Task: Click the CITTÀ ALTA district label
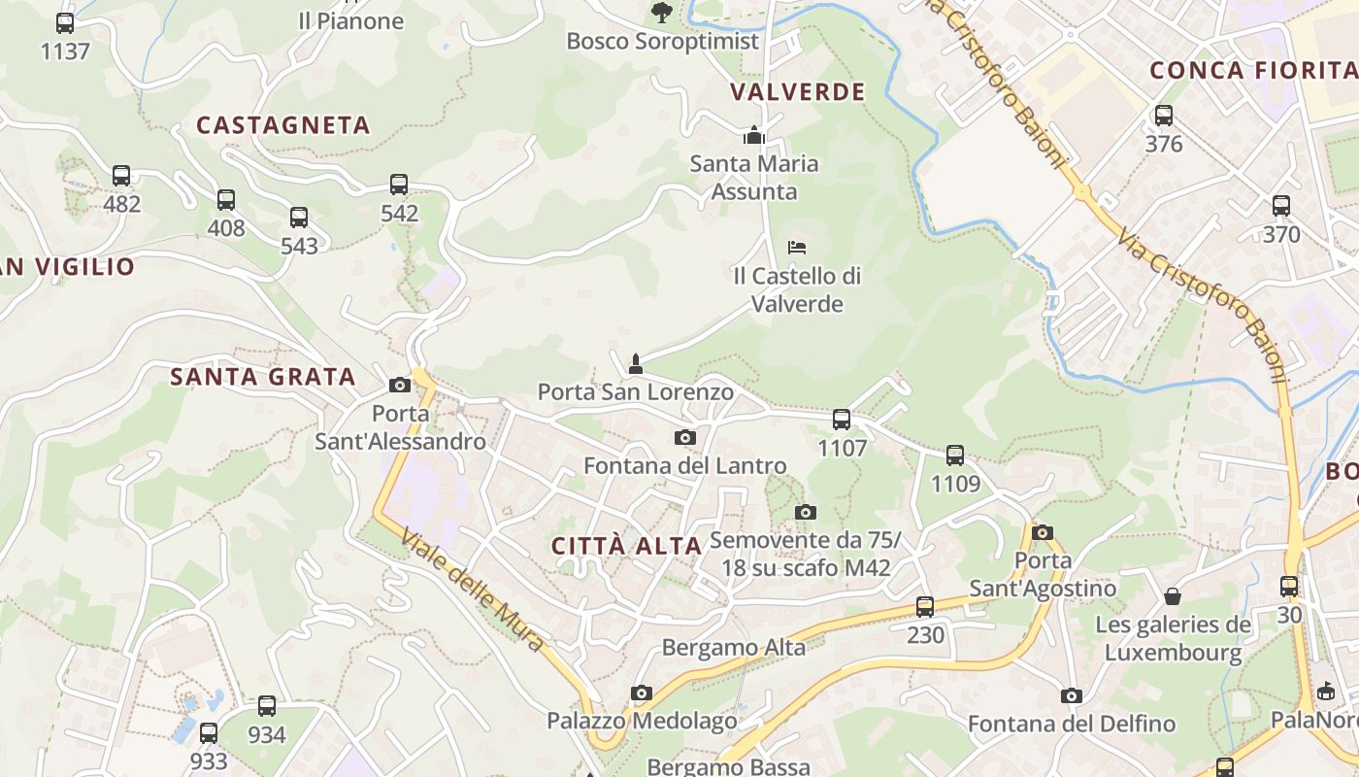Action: point(626,546)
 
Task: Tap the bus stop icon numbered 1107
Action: point(842,420)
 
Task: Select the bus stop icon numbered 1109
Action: point(955,455)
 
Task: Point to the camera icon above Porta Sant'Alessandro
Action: point(400,385)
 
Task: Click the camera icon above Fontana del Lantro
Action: point(685,438)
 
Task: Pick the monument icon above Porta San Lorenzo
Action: point(636,364)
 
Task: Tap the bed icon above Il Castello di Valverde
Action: point(797,248)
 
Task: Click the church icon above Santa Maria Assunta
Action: point(754,136)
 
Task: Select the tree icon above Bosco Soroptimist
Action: point(662,13)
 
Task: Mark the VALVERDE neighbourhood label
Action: point(797,92)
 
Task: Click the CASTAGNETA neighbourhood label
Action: point(283,125)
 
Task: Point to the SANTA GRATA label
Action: point(263,377)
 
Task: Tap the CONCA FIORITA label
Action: point(1252,70)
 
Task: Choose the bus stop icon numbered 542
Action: point(399,185)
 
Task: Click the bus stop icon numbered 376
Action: point(1164,116)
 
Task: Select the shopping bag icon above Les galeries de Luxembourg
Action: point(1173,595)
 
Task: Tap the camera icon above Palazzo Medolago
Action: point(641,693)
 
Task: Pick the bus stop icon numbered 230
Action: point(925,607)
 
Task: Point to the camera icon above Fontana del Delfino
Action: point(1072,695)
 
